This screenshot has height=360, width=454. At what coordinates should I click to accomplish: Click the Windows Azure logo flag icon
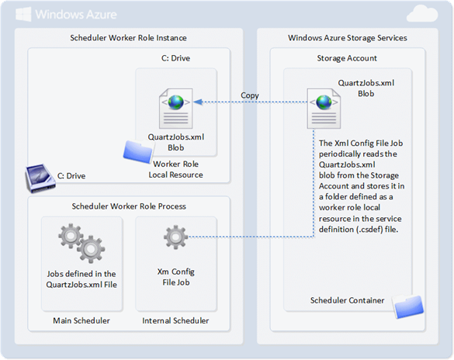[x=23, y=14]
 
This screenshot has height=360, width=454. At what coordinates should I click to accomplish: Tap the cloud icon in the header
[x=422, y=15]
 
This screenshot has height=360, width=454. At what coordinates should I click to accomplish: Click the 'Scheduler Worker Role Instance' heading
[x=128, y=38]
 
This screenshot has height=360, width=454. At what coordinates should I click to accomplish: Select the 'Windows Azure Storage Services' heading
[x=348, y=38]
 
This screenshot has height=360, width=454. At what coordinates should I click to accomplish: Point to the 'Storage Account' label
[x=347, y=58]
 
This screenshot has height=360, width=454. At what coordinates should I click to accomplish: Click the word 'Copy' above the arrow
[x=250, y=95]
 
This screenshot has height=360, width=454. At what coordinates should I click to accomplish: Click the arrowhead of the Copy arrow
[x=197, y=102]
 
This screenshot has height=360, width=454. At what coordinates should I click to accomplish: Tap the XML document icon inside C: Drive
[x=175, y=109]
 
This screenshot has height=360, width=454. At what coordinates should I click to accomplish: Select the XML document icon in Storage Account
[x=324, y=109]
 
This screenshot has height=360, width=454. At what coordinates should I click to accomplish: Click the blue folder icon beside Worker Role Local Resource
[x=137, y=151]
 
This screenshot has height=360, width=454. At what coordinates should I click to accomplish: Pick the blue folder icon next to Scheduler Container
[x=408, y=306]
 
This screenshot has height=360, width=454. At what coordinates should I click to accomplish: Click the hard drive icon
[x=40, y=178]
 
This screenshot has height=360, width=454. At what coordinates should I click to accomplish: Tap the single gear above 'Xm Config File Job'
[x=175, y=237]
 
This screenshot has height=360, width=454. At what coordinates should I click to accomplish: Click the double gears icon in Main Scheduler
[x=81, y=243]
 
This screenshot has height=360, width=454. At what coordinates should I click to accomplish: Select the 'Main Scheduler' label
[x=81, y=320]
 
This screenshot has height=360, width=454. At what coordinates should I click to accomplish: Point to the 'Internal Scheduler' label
[x=175, y=320]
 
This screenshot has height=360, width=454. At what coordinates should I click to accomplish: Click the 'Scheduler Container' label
[x=347, y=300]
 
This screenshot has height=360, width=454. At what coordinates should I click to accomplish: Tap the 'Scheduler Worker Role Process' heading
[x=129, y=206]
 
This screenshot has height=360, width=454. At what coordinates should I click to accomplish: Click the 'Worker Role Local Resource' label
[x=175, y=169]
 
